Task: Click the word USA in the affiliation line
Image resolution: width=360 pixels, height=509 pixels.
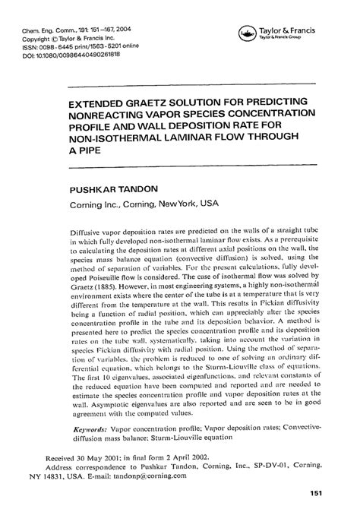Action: click(x=209, y=203)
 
